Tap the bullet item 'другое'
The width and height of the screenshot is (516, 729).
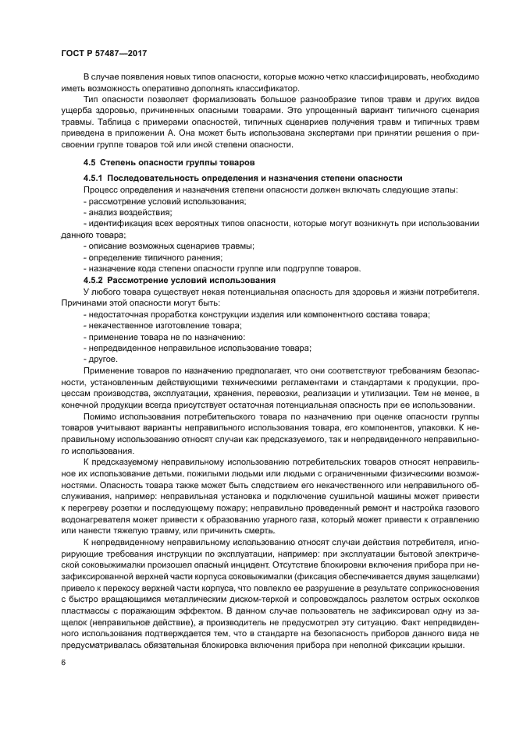click(x=102, y=359)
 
